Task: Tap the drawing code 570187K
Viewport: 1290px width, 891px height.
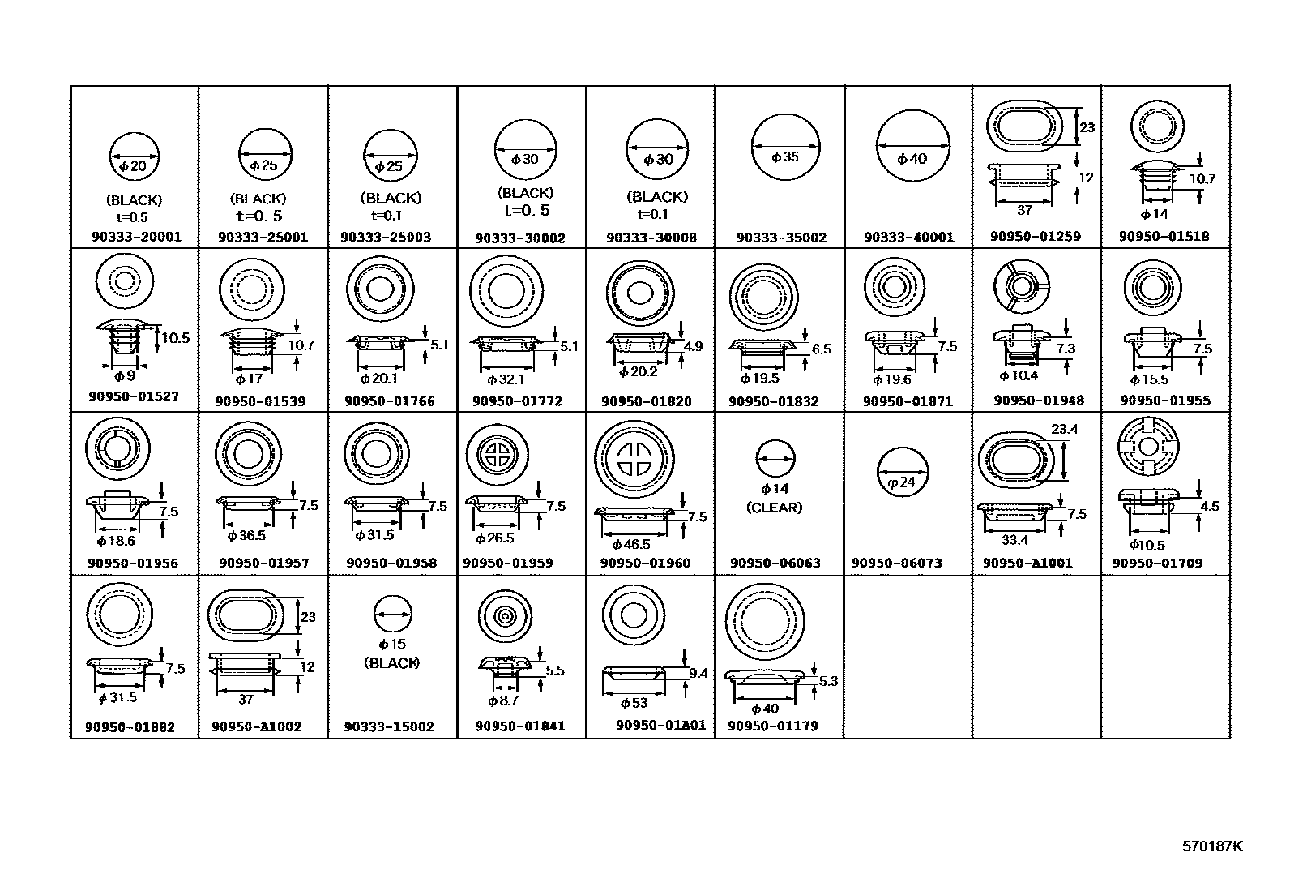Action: click(x=1211, y=846)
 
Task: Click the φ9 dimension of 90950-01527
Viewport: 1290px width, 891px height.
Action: click(x=126, y=375)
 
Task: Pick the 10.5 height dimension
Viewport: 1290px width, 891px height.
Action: click(x=175, y=338)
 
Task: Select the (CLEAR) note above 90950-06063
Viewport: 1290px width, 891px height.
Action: click(x=774, y=508)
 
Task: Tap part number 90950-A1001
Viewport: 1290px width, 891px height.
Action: click(x=1027, y=563)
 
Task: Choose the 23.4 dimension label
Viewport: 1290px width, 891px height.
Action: click(x=1064, y=430)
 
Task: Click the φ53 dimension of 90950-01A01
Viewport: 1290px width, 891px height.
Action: click(x=633, y=703)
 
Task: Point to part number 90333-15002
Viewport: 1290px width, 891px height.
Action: click(x=389, y=726)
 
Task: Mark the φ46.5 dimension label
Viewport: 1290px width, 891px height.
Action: click(x=632, y=545)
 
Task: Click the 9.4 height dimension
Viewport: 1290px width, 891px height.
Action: click(x=698, y=673)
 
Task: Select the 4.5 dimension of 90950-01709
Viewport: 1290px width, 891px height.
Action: click(x=1209, y=506)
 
